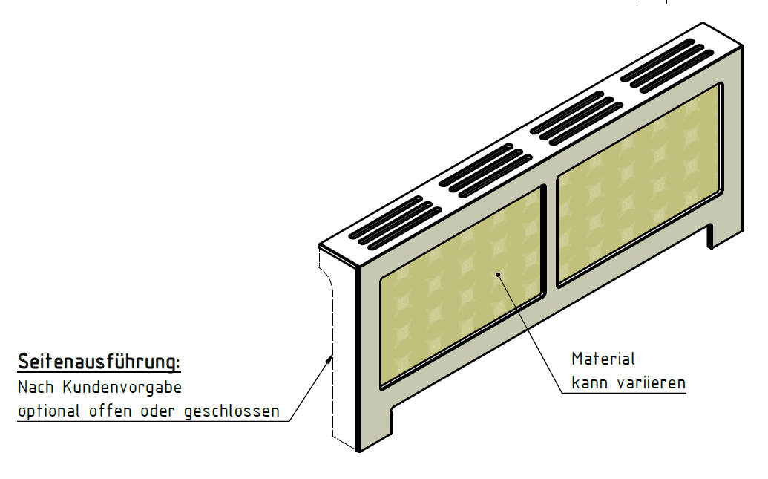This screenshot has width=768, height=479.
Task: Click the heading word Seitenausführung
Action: pos(99,362)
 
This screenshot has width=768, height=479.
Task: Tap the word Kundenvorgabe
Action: pos(122,388)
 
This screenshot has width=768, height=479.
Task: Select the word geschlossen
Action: pos(232,411)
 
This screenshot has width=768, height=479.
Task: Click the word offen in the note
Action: pos(111,411)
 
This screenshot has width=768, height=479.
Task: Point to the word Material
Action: pos(603,359)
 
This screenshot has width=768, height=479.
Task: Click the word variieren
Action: pos(652,382)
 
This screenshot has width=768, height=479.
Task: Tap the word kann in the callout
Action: pos(589,382)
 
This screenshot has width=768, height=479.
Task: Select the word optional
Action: pos(48,411)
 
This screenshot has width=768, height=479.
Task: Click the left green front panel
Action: pos(462,287)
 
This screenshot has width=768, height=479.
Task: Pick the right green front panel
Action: pos(639,184)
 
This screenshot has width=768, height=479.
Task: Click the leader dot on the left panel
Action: pos(498,275)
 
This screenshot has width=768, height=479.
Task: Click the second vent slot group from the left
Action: pos(486,171)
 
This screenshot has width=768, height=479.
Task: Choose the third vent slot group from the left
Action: pos(577,118)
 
